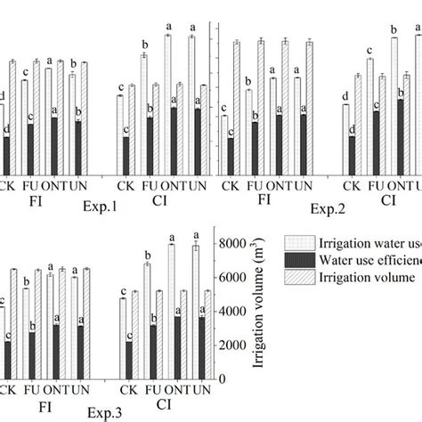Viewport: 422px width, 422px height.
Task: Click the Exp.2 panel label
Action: click(325, 208)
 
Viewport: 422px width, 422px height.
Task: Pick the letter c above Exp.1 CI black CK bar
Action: click(126, 130)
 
